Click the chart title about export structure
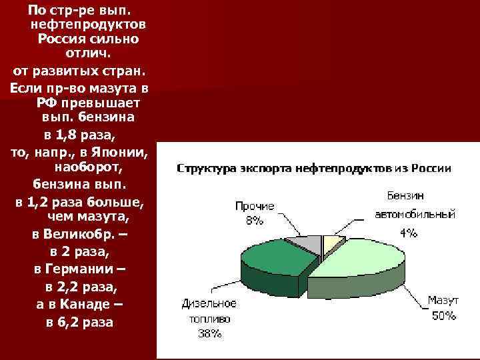[313, 169]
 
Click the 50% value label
[443, 315]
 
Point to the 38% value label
[209, 333]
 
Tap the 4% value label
[409, 233]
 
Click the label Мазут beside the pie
[443, 301]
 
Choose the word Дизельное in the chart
[209, 304]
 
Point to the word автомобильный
[415, 215]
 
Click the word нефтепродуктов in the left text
[88, 25]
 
